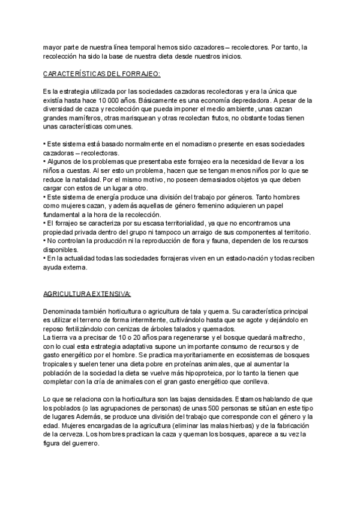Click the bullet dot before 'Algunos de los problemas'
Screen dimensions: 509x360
(x=45, y=161)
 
